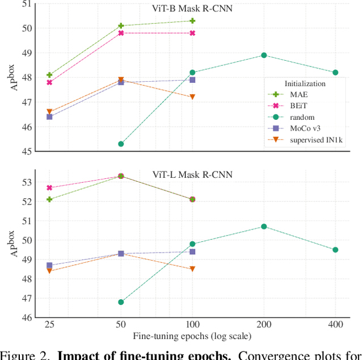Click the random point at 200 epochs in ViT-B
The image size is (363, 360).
(x=264, y=55)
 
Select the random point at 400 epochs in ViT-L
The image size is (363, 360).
(x=335, y=250)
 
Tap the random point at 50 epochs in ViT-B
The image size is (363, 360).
(x=121, y=144)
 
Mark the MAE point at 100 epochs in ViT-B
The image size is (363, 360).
(x=192, y=21)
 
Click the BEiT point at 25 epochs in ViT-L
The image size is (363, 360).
(x=49, y=187)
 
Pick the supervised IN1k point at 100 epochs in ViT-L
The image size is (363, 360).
(x=192, y=269)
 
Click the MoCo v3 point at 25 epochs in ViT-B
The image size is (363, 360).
(x=49, y=117)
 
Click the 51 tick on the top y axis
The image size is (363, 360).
(x=26, y=4)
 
